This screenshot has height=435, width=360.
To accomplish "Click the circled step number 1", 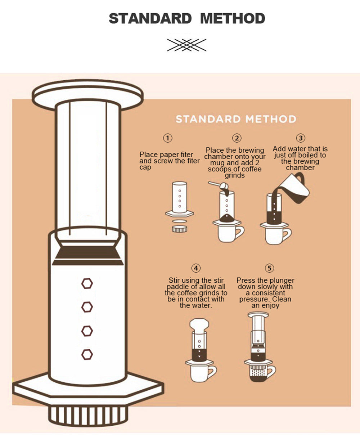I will pos(167,138).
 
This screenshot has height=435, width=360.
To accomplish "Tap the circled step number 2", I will pos(236,138).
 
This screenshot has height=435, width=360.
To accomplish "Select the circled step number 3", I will pos(301,138).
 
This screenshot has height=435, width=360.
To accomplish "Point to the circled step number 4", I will pos(195,268).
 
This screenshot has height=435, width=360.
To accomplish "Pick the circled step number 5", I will pos(269,268).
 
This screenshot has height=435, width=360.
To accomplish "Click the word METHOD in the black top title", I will pos(233,18).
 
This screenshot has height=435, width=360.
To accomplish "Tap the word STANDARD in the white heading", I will pos(208,119).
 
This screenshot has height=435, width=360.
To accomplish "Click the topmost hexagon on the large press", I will pos(87,283).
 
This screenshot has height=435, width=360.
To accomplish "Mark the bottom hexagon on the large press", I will pos(87,354).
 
